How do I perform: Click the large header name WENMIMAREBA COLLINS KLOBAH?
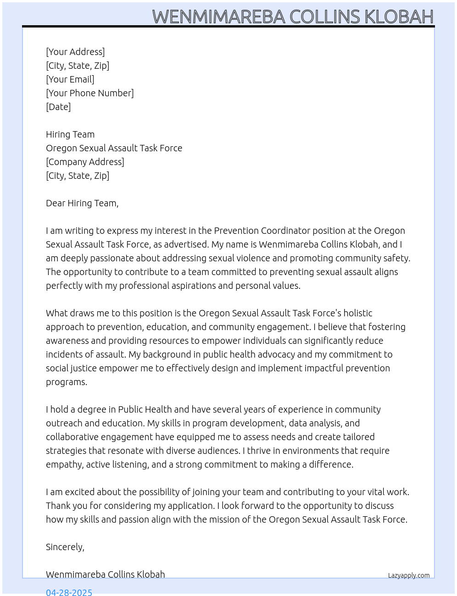pyautogui.click(x=293, y=17)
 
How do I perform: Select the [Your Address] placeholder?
pyautogui.click(x=75, y=52)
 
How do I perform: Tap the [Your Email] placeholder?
pyautogui.click(x=70, y=79)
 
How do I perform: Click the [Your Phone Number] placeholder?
pyautogui.click(x=90, y=93)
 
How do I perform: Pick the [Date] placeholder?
pyautogui.click(x=58, y=107)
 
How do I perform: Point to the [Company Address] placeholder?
pyautogui.click(x=85, y=162)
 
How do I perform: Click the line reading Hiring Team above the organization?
pyautogui.click(x=70, y=134)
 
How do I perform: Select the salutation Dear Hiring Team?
pyautogui.click(x=82, y=203)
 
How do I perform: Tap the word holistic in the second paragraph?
pyautogui.click(x=358, y=313)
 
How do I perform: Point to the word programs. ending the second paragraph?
pyautogui.click(x=67, y=382)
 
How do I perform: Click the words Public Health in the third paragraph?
pyautogui.click(x=145, y=409)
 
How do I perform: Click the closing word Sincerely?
pyautogui.click(x=65, y=547)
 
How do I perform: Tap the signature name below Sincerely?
pyautogui.click(x=106, y=574)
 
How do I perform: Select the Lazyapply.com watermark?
pyautogui.click(x=409, y=575)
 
